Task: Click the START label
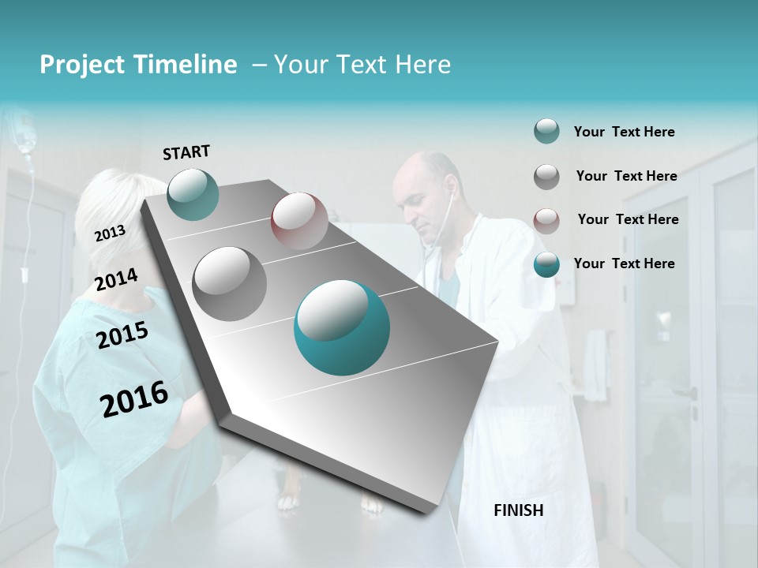pos(186,151)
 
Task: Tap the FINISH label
pos(518,510)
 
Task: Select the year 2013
pos(110,234)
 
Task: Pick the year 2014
pos(116,280)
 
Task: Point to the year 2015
pos(122,335)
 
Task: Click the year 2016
pos(134,398)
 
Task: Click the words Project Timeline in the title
pos(138,65)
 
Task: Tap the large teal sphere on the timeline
pos(342,327)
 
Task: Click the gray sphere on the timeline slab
pos(230,283)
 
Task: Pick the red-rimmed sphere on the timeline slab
pos(299,221)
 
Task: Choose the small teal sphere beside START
pos(193,194)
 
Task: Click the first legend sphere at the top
pos(546,132)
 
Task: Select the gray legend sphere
pos(546,177)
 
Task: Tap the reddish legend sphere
pos(546,220)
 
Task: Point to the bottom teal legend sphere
pos(546,264)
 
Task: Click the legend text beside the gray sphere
pos(626,176)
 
